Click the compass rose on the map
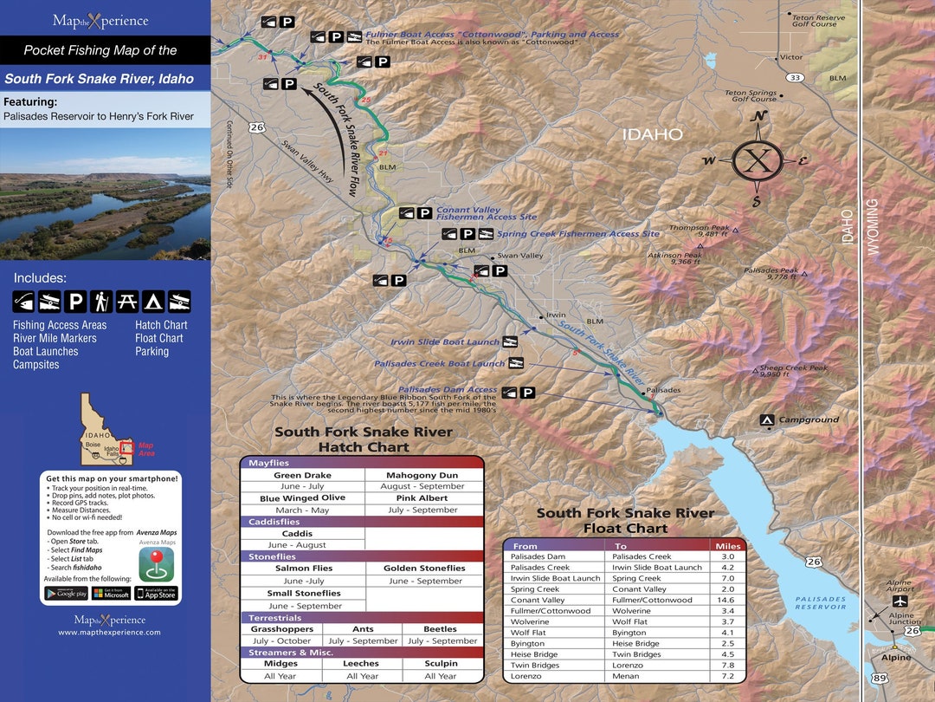758,160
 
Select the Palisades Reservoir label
820,602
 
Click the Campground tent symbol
766,420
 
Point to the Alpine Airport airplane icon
901,601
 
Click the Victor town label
791,57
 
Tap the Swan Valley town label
520,256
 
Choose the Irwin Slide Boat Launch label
445,342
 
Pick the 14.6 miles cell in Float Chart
727,600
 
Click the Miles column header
727,546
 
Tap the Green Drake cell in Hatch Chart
302,475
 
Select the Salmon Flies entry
304,569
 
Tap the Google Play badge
66,594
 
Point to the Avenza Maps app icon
157,564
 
